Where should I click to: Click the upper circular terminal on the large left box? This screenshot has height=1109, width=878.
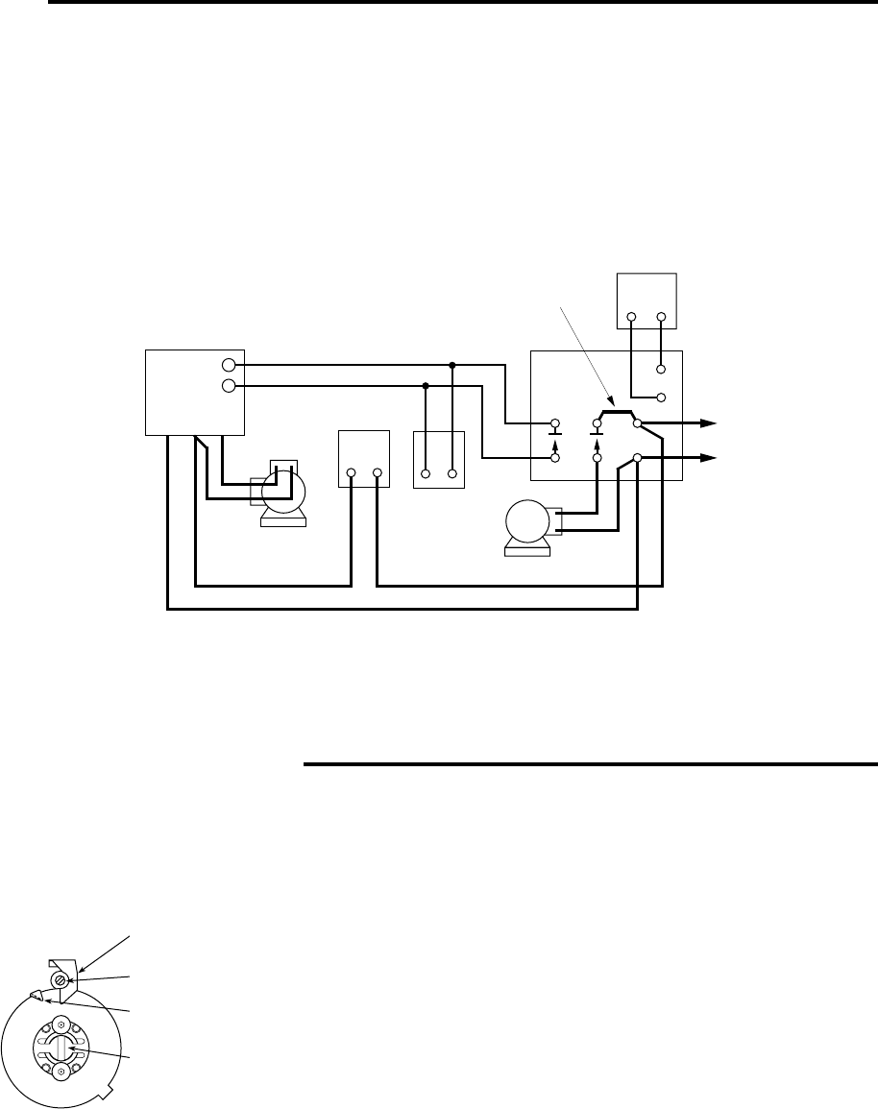pos(228,366)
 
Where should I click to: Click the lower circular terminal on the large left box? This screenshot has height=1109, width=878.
pos(228,386)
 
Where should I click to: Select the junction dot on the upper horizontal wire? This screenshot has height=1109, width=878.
pos(451,366)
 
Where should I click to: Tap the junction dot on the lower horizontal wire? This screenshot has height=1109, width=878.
pos(426,386)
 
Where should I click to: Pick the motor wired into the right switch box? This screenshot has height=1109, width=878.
pos(527,525)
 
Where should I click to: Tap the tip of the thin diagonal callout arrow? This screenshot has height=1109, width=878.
pos(612,403)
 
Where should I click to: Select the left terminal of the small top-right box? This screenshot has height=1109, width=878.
pos(631,316)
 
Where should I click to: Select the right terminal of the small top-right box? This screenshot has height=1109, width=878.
pos(662,316)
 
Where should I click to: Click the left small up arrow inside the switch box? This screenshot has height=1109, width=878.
pos(555,444)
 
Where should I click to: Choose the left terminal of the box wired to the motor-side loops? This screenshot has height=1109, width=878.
pos(352,473)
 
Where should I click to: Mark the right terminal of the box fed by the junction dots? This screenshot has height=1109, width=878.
pos(451,473)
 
